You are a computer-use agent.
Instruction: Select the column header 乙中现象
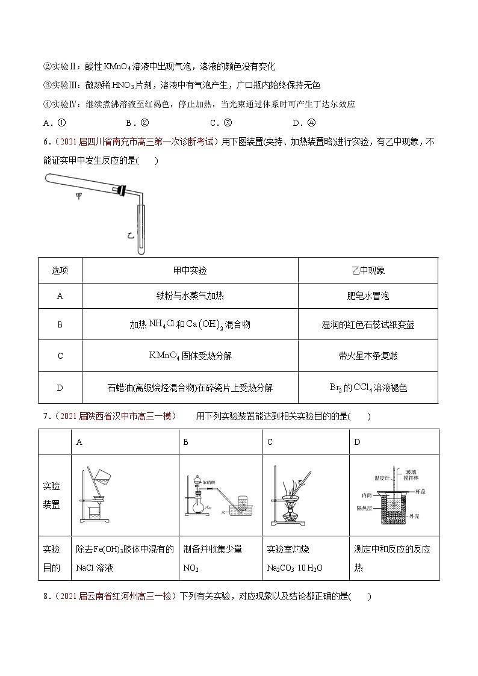pyautogui.click(x=367, y=271)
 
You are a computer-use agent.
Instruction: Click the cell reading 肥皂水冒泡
pyautogui.click(x=367, y=296)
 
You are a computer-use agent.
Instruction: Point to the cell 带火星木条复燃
pyautogui.click(x=367, y=356)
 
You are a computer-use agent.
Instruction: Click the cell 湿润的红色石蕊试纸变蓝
pyautogui.click(x=367, y=324)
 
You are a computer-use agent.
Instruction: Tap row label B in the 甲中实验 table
pyautogui.click(x=60, y=324)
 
